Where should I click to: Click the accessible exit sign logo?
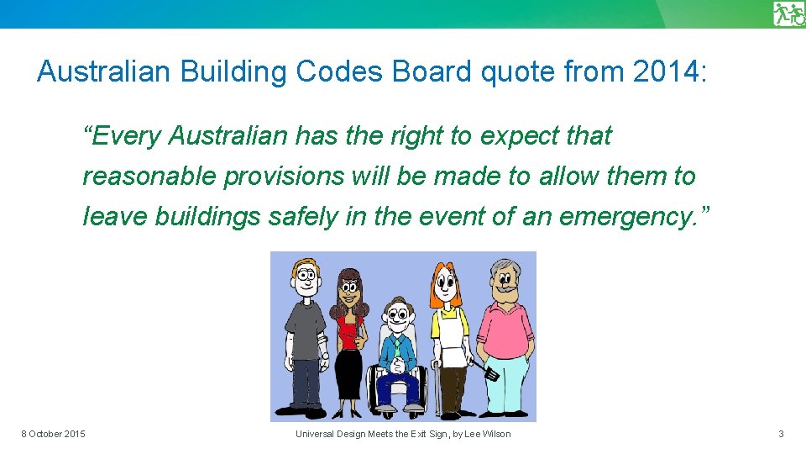click(788, 14)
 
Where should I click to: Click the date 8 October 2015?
click(53, 434)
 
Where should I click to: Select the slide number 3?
click(781, 434)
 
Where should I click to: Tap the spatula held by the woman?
click(486, 367)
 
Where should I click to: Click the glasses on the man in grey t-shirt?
click(303, 280)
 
